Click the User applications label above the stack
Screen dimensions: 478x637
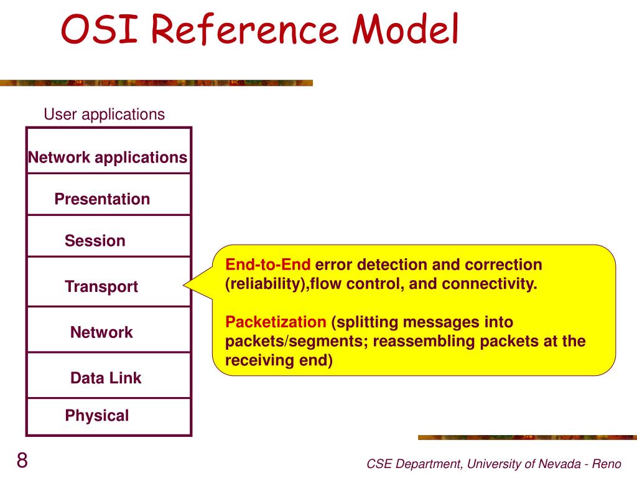coord(104,115)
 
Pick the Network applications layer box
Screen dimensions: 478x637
coord(107,157)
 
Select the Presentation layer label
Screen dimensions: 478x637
coord(102,199)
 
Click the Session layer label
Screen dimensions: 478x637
coord(95,241)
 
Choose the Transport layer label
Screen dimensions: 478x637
coord(101,287)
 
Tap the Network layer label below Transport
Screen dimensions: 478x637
coord(101,332)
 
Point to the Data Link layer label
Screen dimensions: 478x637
coord(106,378)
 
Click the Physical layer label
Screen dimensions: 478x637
coord(97,416)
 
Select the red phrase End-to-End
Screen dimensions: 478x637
coord(267,265)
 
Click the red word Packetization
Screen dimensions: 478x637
coord(276,322)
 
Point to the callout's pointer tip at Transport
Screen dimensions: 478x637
coord(185,285)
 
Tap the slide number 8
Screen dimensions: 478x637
coord(22,461)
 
